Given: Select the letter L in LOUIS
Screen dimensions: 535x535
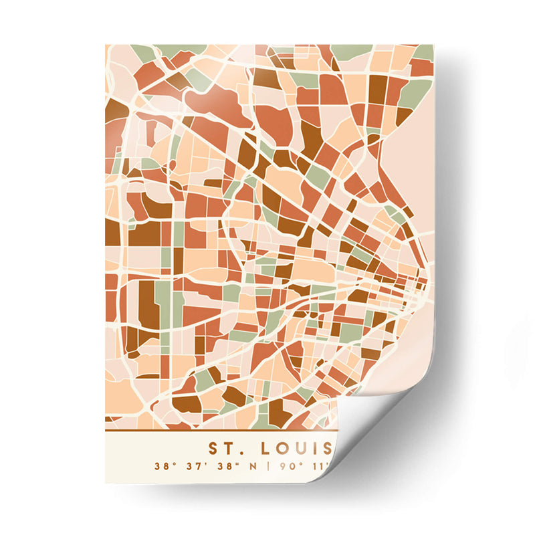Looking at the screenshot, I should pos(265,447).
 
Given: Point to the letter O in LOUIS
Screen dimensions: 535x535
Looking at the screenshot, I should pos(282,447).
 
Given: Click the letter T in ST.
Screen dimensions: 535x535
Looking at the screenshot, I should pos(230,447).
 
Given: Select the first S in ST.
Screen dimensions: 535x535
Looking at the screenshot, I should pos(214,447).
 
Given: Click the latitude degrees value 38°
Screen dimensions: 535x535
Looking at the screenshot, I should pos(163,466).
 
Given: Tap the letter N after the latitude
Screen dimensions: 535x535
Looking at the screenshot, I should pos(254,466).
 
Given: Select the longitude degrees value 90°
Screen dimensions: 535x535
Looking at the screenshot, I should pos(285,466).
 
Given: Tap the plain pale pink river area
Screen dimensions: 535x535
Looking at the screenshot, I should pos(415,167).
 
